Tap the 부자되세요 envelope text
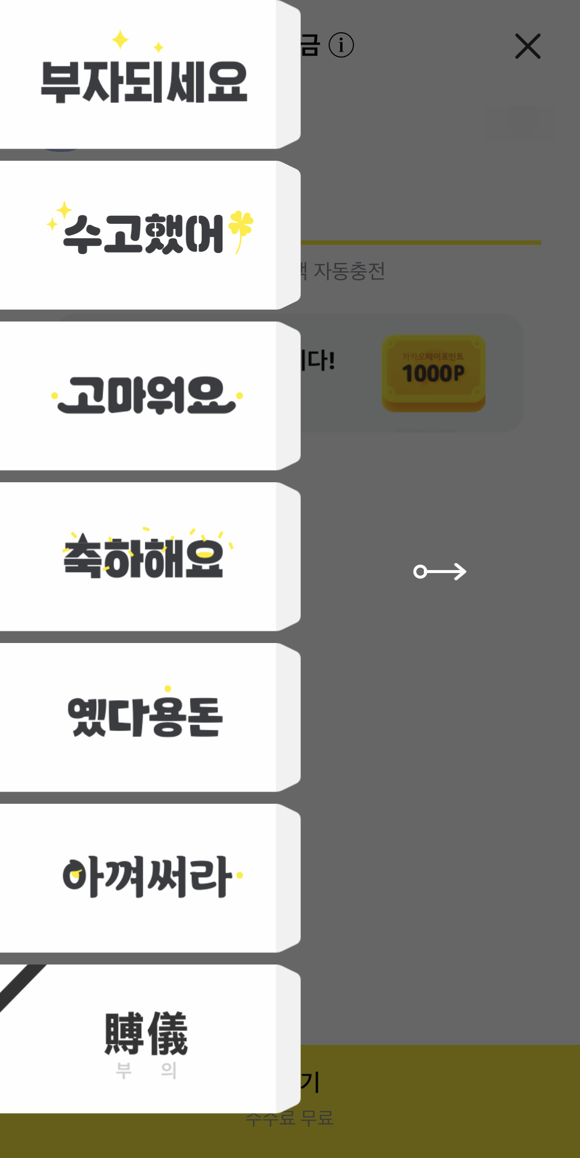point(144,82)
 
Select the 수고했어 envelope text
point(144,234)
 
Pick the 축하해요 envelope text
point(144,558)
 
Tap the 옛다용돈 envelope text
point(145,716)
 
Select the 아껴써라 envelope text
point(147,876)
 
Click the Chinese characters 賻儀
point(146,1033)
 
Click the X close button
point(527,46)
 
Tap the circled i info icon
point(341,45)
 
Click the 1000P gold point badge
point(433,373)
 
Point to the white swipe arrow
point(440,572)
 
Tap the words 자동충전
point(349,271)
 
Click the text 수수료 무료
point(290,1118)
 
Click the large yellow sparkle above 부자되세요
point(120,39)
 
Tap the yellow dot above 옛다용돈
point(168,688)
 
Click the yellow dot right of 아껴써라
point(240,875)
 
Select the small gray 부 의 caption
point(146,1070)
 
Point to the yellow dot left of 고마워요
point(55,395)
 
